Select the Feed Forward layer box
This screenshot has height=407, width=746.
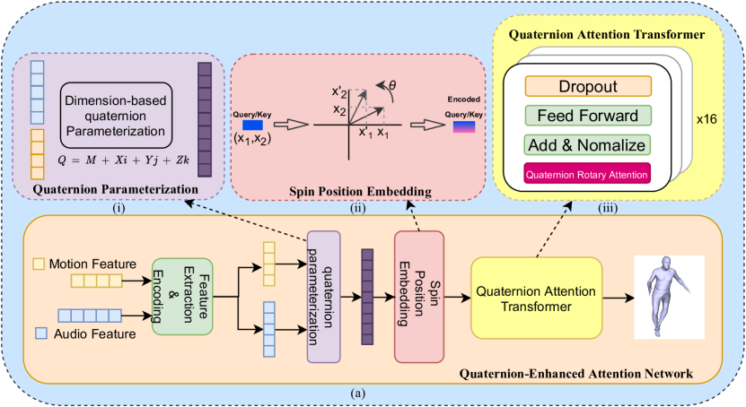587,116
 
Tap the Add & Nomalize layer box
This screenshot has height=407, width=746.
587,143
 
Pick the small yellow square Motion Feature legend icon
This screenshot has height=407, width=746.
38,264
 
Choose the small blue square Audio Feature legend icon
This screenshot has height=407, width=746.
38,333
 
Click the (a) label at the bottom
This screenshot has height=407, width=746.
363,392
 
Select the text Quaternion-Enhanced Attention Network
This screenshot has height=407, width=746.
575,373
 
